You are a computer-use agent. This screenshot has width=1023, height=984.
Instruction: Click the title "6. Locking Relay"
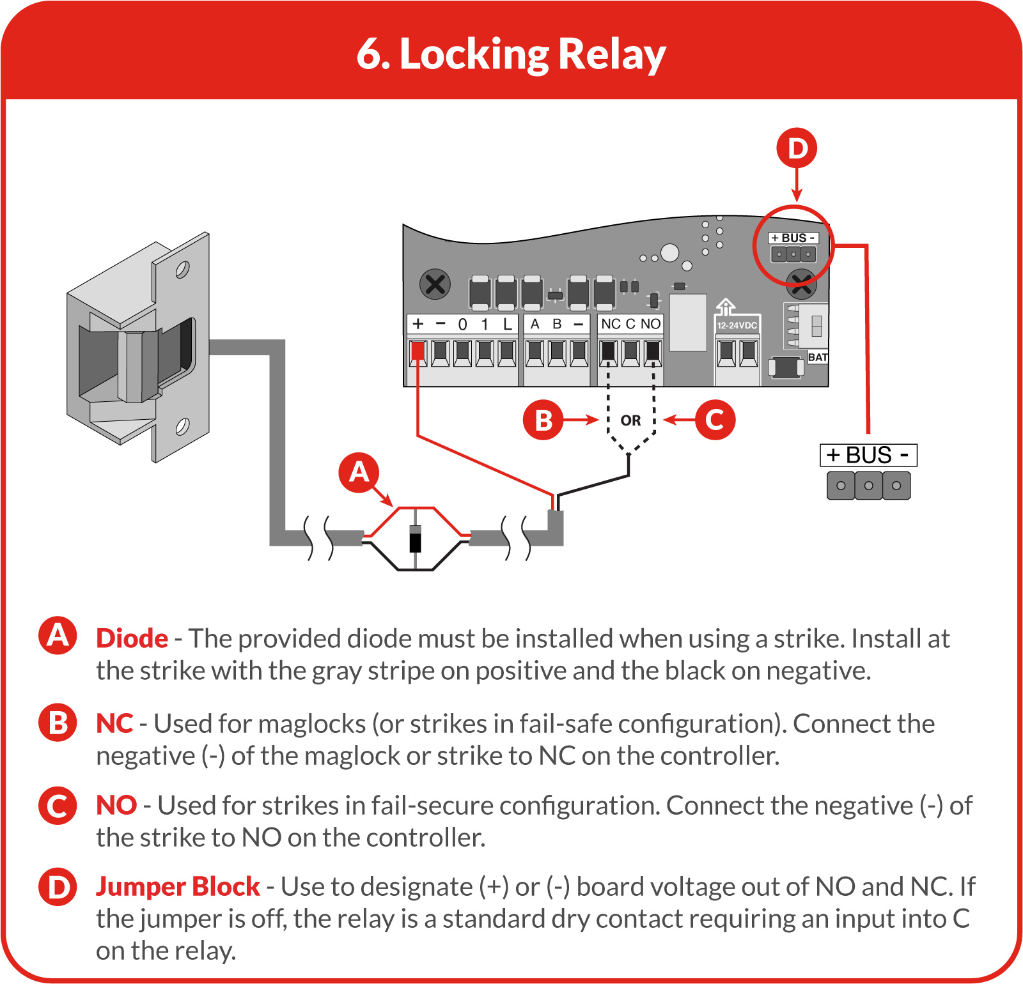pos(511,54)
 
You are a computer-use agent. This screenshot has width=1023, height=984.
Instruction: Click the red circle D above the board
pos(797,148)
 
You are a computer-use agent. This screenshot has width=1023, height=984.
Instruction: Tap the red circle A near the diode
pos(359,473)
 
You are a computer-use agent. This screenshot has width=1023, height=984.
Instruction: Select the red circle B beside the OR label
pos(543,420)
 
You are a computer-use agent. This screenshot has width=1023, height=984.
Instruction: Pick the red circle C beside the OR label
pos(715,420)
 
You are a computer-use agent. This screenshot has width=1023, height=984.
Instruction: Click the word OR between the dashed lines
pos(630,420)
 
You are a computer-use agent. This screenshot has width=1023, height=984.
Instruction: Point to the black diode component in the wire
pos(416,538)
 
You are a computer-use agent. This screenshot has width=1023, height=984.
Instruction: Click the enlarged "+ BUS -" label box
pos(868,456)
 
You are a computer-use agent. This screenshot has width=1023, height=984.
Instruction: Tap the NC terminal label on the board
pos(611,324)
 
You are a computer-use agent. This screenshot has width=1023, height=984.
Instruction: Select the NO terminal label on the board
pos(650,324)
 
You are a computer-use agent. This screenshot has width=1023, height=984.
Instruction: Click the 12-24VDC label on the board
pos(737,325)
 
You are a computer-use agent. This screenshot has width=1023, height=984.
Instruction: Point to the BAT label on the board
pos(818,357)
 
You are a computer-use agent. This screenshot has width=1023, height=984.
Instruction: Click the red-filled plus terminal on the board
pos(418,351)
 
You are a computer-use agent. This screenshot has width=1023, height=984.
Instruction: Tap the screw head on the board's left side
pos(435,284)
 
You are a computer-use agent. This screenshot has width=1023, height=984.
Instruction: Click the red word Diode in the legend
pos(132,638)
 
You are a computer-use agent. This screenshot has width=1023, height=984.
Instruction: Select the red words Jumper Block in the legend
pos(178,887)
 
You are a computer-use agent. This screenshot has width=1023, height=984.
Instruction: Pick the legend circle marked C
pos(58,805)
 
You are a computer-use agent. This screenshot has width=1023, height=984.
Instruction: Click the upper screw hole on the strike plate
pos(182,270)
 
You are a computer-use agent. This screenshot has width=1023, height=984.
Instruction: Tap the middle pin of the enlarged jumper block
pos(868,486)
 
